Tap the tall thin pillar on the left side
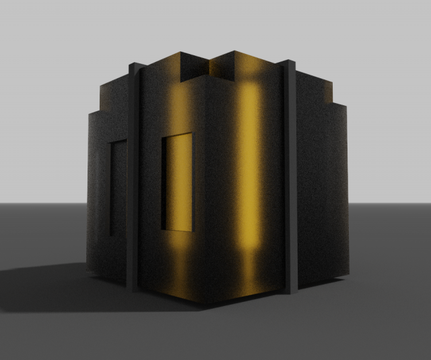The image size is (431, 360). pos(133,175)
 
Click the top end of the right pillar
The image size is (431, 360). pos(290,63)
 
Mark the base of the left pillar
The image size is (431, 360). pos(133,287)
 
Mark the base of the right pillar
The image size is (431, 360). pos(290,291)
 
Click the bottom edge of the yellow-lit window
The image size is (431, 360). pos(177,230)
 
